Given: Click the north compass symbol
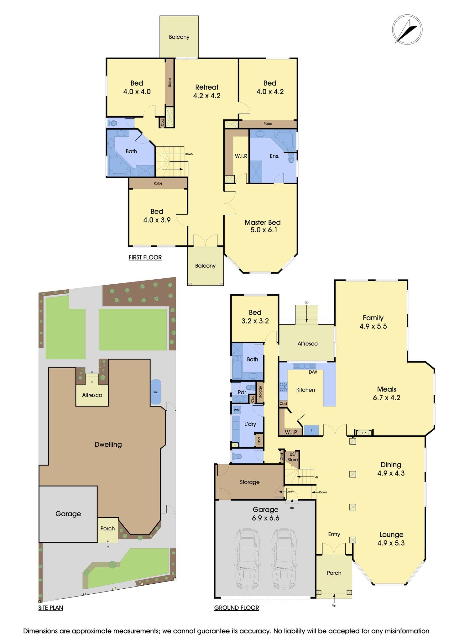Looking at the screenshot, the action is click(407, 29).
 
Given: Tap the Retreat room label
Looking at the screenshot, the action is click(207, 87).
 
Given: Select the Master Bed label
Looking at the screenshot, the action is click(263, 222).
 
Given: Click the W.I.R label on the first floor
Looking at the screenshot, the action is click(241, 156).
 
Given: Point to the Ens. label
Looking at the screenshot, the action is click(274, 156).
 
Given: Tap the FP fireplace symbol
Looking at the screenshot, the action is click(364, 433).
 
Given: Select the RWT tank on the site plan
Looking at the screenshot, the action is click(156, 392).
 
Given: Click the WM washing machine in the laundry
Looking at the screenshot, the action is click(237, 410).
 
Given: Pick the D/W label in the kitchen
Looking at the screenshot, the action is click(313, 372).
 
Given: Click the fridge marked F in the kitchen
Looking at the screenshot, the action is click(311, 430).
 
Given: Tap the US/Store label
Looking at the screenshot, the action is click(293, 457).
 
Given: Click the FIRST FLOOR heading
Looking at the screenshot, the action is click(145, 257).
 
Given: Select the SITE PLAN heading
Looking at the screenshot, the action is click(51, 608).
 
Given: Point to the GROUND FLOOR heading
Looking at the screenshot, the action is click(237, 608).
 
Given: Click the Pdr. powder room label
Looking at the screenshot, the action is click(243, 392).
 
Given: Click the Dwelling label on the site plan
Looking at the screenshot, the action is click(108, 445).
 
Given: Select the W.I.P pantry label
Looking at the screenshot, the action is click(291, 433).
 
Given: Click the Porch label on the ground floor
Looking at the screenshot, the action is click(334, 573).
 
